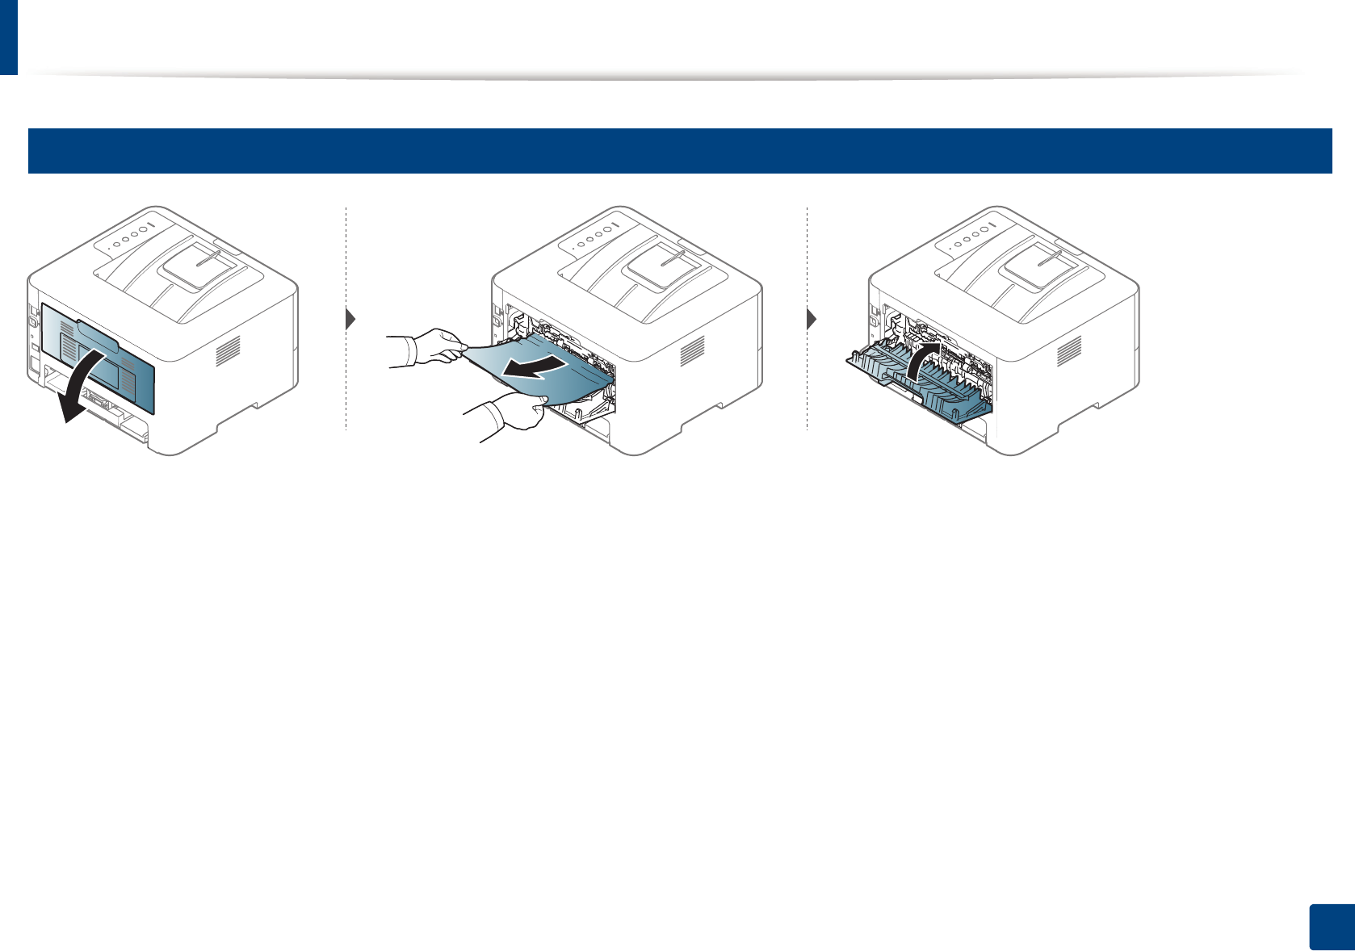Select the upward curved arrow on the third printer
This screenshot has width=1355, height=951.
[921, 358]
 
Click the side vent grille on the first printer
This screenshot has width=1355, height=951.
[229, 349]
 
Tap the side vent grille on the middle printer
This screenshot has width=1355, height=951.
[693, 349]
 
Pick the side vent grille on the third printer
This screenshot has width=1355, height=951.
[1069, 349]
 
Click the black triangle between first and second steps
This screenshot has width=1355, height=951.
[350, 319]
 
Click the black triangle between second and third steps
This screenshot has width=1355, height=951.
[812, 319]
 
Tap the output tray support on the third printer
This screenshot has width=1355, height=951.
[1038, 265]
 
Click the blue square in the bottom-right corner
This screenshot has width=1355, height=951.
[1330, 928]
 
